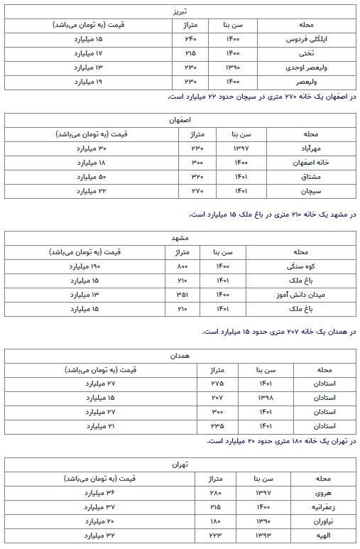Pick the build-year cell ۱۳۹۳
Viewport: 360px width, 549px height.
point(262,537)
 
